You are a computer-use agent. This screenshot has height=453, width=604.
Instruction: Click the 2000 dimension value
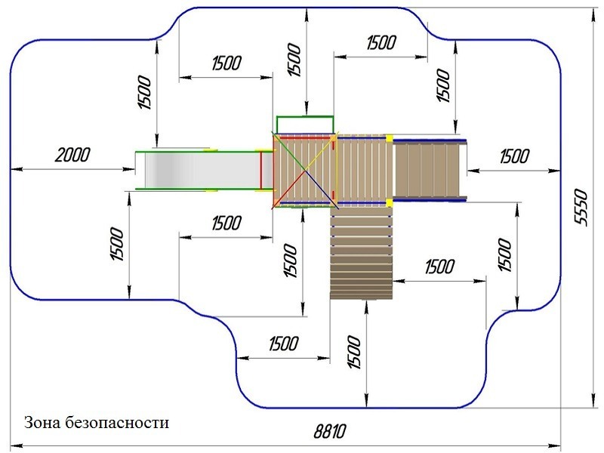tap(72, 155)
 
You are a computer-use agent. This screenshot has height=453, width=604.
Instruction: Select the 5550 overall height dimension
tap(581, 207)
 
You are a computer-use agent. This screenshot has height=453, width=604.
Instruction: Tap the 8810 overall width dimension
tap(330, 431)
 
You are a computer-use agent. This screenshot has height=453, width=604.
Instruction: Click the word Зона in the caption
tap(42, 423)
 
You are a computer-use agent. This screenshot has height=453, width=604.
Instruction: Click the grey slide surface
tap(200, 169)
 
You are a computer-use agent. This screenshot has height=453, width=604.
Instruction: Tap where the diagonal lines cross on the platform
tap(306, 170)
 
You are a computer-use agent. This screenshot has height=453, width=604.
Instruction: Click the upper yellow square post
tap(390, 138)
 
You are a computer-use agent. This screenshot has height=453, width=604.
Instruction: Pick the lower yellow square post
tap(390, 202)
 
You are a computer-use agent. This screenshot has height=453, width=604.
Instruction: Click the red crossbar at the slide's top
tap(260, 170)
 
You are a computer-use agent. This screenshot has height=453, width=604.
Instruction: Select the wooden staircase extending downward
tap(362, 253)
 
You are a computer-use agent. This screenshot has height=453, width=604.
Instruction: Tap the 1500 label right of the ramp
tap(515, 156)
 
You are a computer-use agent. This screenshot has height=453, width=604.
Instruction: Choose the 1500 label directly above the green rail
tap(294, 60)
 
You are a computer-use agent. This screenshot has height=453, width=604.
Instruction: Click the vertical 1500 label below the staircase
tap(354, 352)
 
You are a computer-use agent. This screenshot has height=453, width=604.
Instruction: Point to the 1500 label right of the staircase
tap(440, 267)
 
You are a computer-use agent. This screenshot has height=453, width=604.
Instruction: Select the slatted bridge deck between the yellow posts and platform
tap(362, 170)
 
